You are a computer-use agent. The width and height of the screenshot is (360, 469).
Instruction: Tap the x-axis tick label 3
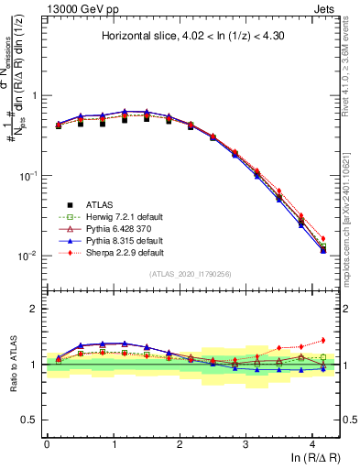tap(245, 442)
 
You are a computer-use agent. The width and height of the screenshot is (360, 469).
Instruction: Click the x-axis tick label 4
tap(312, 442)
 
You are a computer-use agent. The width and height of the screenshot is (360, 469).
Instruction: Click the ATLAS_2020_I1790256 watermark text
tap(191, 274)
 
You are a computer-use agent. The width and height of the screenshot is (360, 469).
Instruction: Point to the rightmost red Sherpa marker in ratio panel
tap(322, 340)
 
